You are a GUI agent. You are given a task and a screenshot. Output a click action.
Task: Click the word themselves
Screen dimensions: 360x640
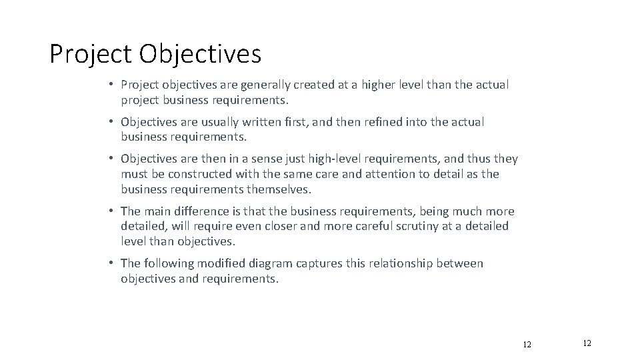pos(277,189)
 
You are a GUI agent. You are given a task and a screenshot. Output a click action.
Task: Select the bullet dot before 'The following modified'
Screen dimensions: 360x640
pos(113,263)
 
